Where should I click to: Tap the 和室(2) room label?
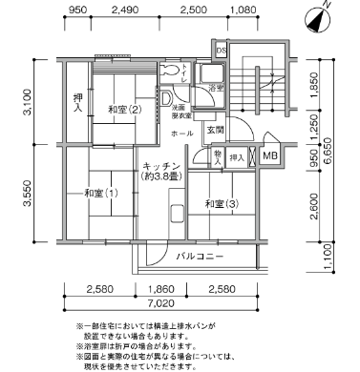tap(125, 110)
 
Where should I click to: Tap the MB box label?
tap(270, 156)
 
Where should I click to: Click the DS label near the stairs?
tap(221, 50)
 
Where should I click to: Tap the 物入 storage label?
tap(219, 155)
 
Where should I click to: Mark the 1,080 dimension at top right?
tap(244, 11)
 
